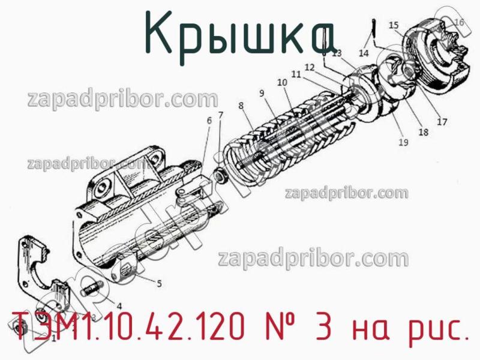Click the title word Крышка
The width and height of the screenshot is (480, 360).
[x=239, y=34]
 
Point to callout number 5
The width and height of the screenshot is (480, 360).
[x=158, y=284]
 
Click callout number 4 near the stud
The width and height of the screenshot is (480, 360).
[x=119, y=305]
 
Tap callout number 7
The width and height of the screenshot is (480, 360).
[x=220, y=115]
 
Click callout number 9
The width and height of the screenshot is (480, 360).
[x=262, y=93]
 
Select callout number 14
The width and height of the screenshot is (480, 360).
[x=364, y=53]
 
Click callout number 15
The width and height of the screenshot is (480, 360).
[x=394, y=25]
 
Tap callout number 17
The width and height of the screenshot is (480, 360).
[x=442, y=122]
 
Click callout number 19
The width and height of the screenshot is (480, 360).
[x=403, y=143]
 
